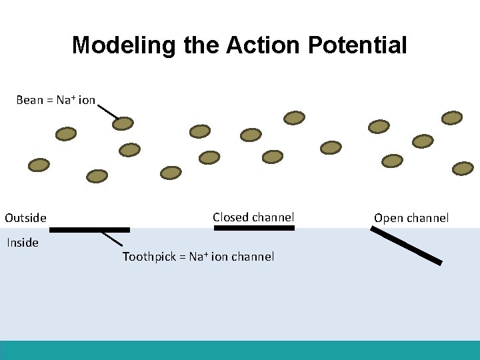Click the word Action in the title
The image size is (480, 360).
(264, 45)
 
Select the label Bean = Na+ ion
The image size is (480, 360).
(55, 100)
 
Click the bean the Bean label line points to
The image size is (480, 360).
(123, 123)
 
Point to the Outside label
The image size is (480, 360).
(25, 218)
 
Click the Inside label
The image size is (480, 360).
(23, 243)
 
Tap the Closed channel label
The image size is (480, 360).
(253, 217)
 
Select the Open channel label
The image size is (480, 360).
(411, 218)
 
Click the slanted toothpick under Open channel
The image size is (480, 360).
(406, 245)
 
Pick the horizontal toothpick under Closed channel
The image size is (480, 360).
(253, 228)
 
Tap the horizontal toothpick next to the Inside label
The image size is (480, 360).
(89, 230)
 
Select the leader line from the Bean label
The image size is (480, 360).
(107, 111)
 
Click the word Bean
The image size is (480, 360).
(29, 100)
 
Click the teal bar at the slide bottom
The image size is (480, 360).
(240, 350)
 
